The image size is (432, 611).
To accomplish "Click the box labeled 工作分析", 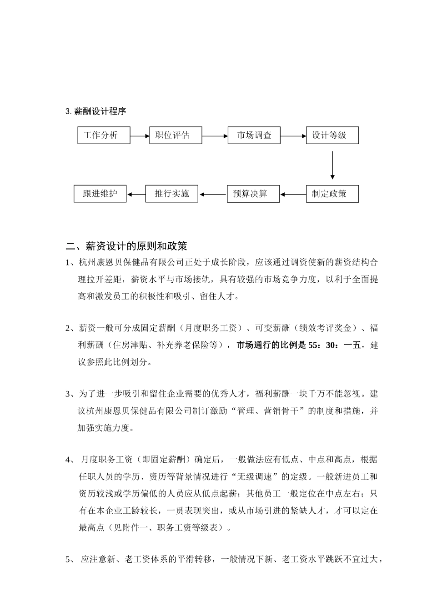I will (x=104, y=135).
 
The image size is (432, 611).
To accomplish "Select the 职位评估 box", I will (x=176, y=135).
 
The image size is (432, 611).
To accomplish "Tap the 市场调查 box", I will (x=254, y=135).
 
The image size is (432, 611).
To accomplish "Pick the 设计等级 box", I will (x=332, y=135).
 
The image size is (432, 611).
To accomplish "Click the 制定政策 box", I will (x=332, y=194).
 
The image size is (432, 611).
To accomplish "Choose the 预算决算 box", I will (x=253, y=194).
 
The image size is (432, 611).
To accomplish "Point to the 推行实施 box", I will (x=171, y=194).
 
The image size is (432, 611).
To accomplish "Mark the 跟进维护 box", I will (x=100, y=194).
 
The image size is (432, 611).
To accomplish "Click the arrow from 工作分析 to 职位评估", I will (x=140, y=135).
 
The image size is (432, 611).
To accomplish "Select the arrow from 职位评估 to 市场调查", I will (x=215, y=135).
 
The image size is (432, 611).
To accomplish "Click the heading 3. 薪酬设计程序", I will (x=96, y=111).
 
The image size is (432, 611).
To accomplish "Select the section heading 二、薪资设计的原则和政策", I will (x=126, y=246).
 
